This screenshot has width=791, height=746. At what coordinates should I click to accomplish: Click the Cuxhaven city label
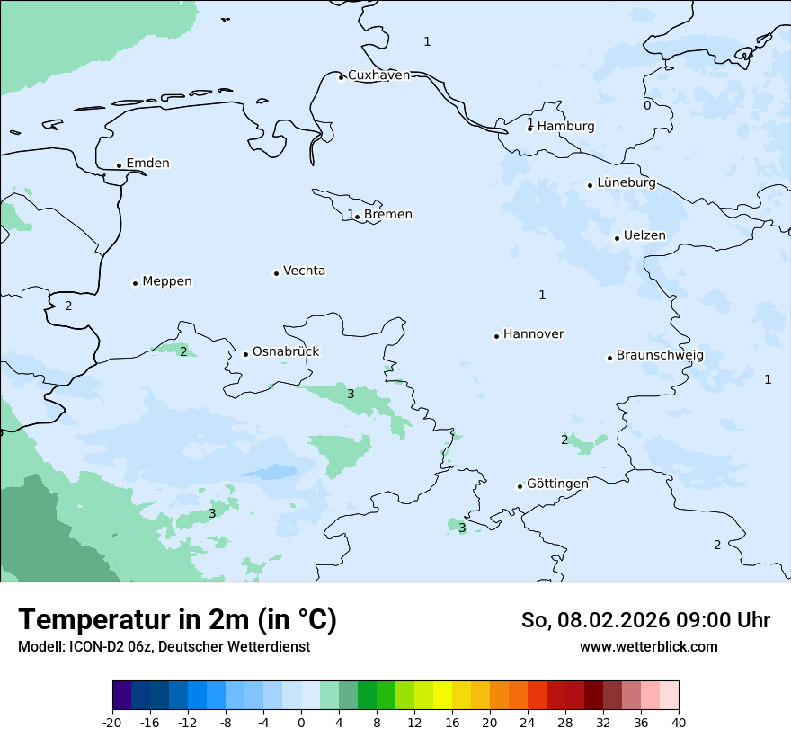pyautogui.click(x=378, y=75)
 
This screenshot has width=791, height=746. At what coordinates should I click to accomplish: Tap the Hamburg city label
pyautogui.click(x=565, y=127)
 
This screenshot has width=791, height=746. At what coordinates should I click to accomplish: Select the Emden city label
pyautogui.click(x=147, y=164)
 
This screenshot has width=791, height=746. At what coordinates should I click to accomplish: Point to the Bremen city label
pyautogui.click(x=387, y=215)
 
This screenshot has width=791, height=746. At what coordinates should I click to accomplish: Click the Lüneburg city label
pyautogui.click(x=626, y=183)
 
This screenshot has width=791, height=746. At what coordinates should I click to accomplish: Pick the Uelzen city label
pyautogui.click(x=644, y=236)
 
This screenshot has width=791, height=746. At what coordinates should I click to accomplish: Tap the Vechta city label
pyautogui.click(x=304, y=271)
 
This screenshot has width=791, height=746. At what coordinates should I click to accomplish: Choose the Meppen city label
pyautogui.click(x=166, y=281)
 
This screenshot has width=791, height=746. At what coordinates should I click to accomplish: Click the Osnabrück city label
pyautogui.click(x=286, y=352)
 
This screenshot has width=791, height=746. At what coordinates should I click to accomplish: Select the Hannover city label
pyautogui.click(x=533, y=334)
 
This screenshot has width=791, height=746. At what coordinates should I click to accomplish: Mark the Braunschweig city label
pyautogui.click(x=660, y=356)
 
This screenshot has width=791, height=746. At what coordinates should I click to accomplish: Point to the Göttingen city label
pyautogui.click(x=557, y=484)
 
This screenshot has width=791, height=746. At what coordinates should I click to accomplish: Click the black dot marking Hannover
pyautogui.click(x=496, y=336)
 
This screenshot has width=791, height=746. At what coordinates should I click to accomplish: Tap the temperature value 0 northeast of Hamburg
pyautogui.click(x=647, y=105)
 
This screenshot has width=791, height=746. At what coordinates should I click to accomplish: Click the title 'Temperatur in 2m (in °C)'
pyautogui.click(x=177, y=619)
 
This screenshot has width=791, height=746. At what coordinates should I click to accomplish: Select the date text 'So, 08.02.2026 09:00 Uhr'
pyautogui.click(x=645, y=620)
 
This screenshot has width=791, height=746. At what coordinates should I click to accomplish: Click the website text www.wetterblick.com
pyautogui.click(x=648, y=646)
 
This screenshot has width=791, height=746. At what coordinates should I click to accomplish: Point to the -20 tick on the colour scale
pyautogui.click(x=112, y=722)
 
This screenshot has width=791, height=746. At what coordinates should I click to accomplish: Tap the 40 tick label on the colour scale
pyautogui.click(x=679, y=722)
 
